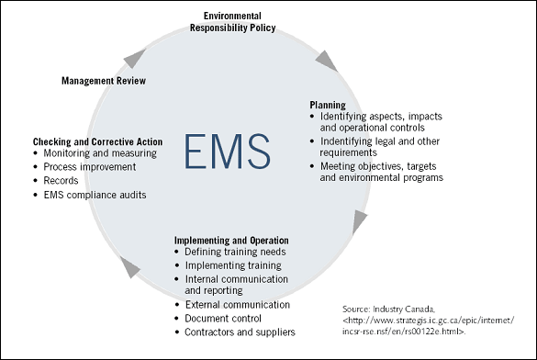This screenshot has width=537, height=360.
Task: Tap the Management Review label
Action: (x=104, y=81)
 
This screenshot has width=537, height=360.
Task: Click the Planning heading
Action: (x=327, y=106)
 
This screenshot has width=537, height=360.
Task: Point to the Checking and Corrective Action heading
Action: (x=98, y=141)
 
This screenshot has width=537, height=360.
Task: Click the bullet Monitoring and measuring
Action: (x=100, y=153)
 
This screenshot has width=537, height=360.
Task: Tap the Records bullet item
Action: (x=64, y=181)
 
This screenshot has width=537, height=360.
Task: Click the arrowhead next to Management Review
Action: (x=135, y=58)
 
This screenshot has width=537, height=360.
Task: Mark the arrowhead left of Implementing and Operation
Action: (x=130, y=267)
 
